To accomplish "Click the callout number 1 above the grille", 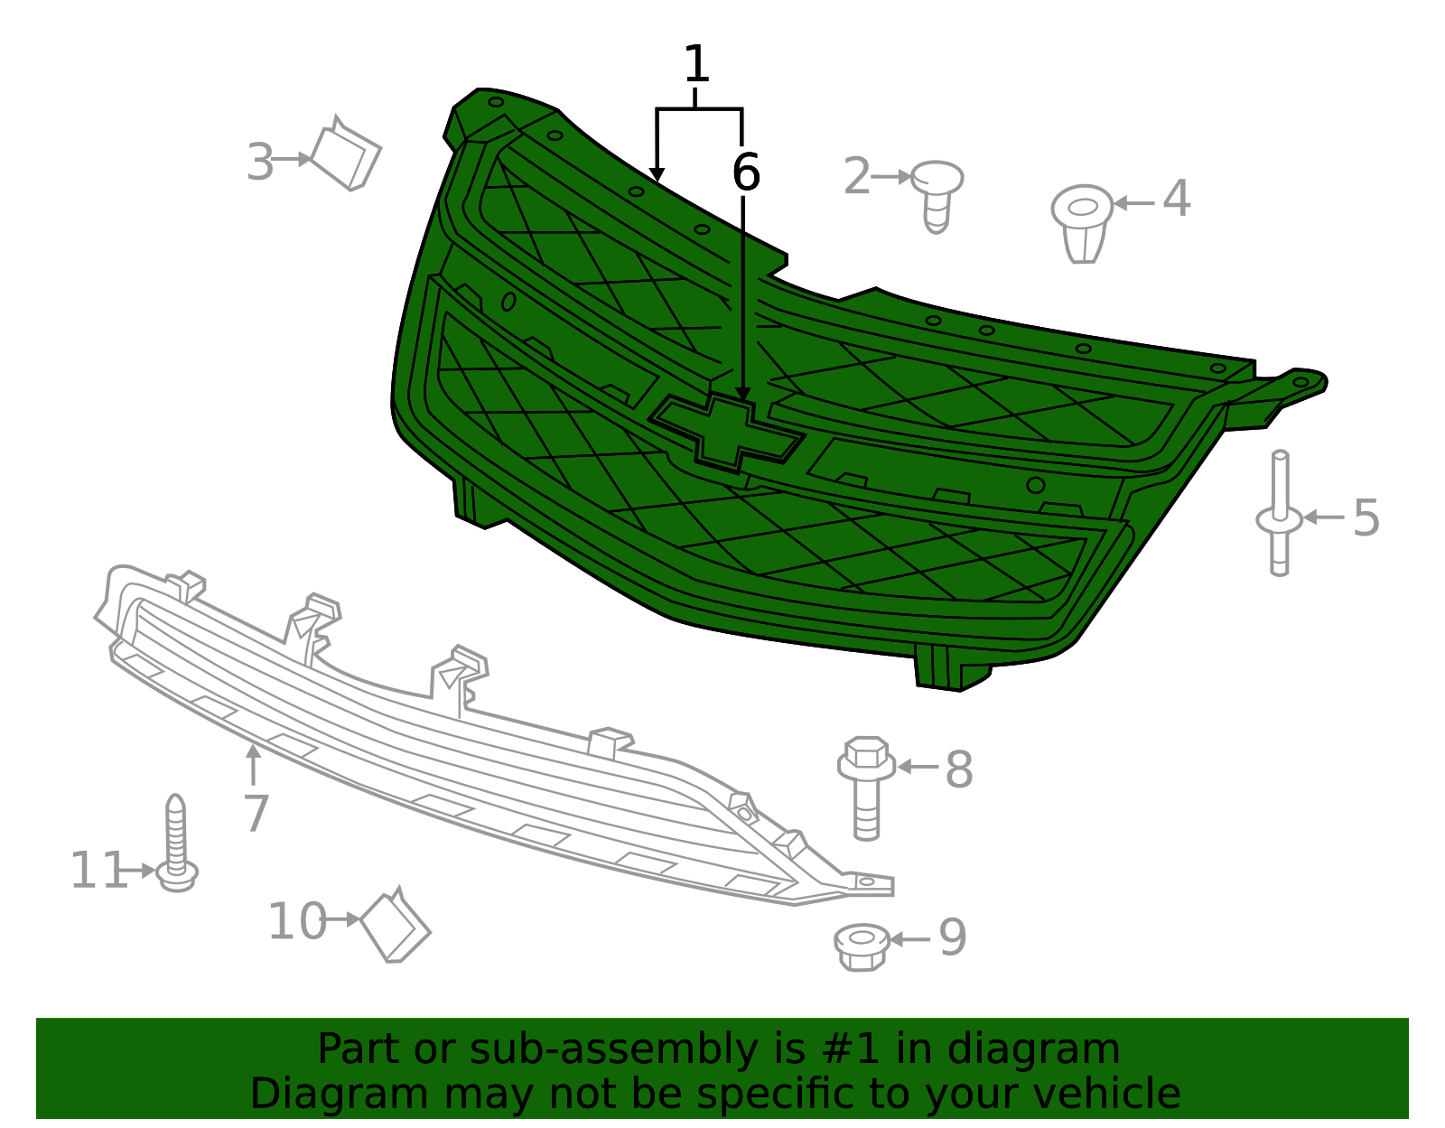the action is [x=695, y=64].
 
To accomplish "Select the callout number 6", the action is [x=745, y=172].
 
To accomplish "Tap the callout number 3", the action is [x=259, y=162].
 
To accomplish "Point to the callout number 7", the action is [x=256, y=812].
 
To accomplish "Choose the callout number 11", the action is [x=98, y=870].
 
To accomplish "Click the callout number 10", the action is [x=296, y=921].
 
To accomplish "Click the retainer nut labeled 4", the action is [x=1082, y=224].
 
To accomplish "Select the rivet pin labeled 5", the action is [x=1280, y=513].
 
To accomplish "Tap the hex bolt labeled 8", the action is [x=866, y=788].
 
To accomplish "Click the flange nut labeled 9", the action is [x=862, y=947].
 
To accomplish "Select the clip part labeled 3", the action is [x=346, y=154].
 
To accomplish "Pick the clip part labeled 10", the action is [x=395, y=926].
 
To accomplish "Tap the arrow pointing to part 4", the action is [x=1133, y=203].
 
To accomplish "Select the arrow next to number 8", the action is [x=918, y=767].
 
